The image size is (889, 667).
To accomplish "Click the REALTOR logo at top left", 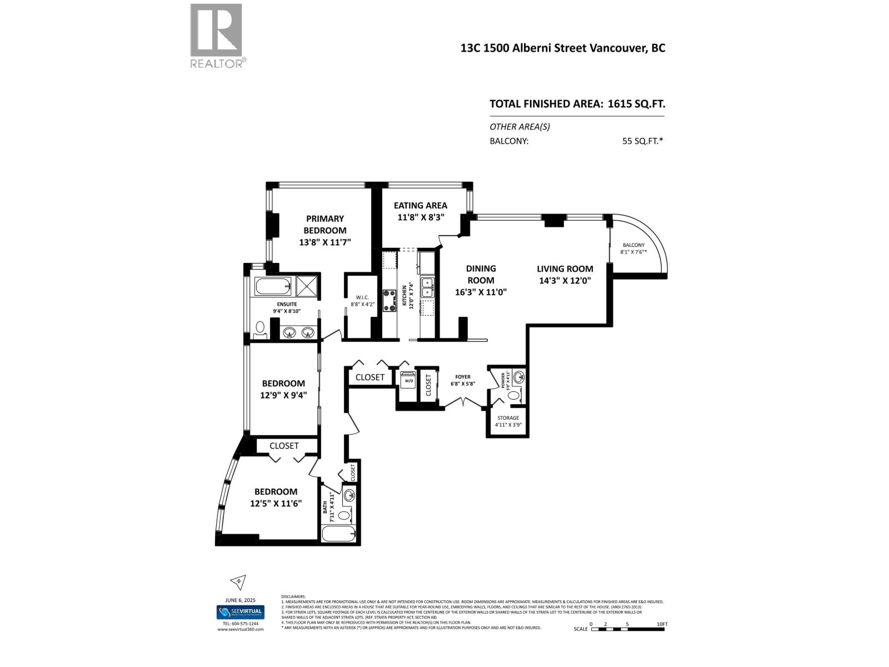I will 216,36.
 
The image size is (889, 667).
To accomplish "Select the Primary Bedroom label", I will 324,225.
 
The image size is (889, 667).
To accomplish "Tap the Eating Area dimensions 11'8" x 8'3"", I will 421,218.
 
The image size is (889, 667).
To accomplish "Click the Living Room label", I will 565,269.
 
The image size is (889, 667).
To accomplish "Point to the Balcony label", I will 633,245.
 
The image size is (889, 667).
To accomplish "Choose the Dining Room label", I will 481,274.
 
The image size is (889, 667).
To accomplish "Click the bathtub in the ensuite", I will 273,287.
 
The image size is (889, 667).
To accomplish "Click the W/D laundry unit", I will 408,380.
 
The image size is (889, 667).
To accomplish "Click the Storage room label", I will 508,418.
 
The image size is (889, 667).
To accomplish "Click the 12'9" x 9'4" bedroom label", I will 283,384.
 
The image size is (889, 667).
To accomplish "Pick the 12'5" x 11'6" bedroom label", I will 276,491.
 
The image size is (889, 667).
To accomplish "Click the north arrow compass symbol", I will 238,582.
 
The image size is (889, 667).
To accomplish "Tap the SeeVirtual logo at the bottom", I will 240,613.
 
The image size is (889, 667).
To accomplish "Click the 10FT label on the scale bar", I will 661,624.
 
